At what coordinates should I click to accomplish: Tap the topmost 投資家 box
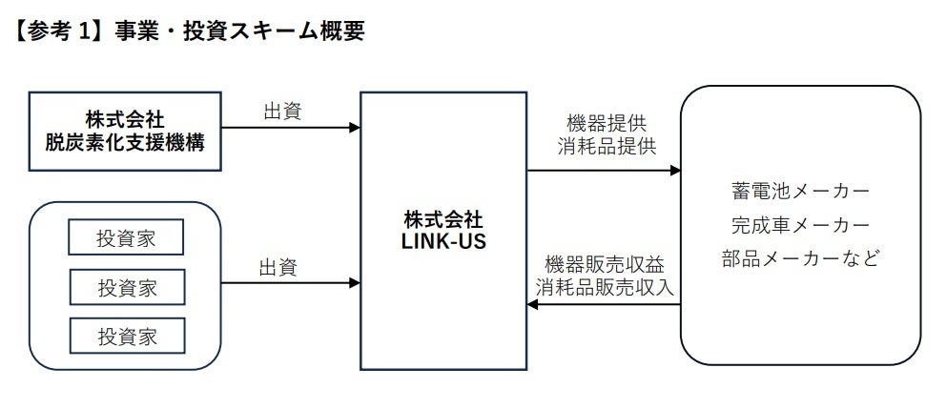[x=126, y=238]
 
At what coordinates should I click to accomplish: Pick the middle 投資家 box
[x=126, y=286]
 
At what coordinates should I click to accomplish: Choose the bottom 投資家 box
[x=126, y=335]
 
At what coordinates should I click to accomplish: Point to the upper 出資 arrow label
[x=282, y=112]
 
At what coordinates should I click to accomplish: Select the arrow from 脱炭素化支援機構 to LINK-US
[x=290, y=127]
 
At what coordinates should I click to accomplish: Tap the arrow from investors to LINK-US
[x=290, y=283]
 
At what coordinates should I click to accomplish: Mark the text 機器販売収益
[x=605, y=263]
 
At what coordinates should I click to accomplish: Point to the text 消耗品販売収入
[x=605, y=286]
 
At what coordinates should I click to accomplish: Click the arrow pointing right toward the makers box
[x=605, y=171]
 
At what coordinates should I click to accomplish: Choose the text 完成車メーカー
[x=800, y=225]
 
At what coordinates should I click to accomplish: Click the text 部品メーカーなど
[x=800, y=258]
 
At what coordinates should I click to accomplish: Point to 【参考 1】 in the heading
[x=52, y=31]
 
